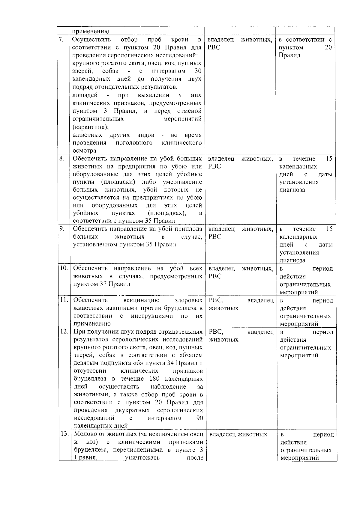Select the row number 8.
pyautogui.click(x=62, y=159)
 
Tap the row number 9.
pyautogui.click(x=62, y=229)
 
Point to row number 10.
pyautogui.click(x=64, y=268)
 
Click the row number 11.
pyautogui.click(x=64, y=300)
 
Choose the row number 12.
pyautogui.click(x=64, y=332)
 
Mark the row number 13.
pyautogui.click(x=64, y=434)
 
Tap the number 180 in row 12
pyautogui.click(x=154, y=379)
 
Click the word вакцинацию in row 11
pyautogui.click(x=141, y=300)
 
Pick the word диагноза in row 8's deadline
pyautogui.click(x=292, y=190)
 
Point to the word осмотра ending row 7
pyautogui.click(x=84, y=150)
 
